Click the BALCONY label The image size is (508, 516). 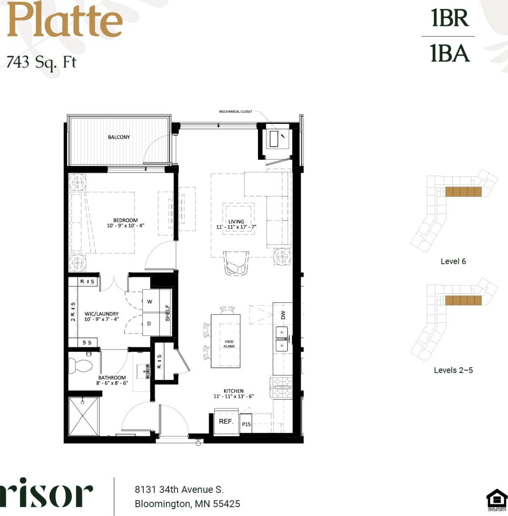(x=119, y=137)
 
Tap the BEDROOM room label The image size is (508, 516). (x=125, y=220)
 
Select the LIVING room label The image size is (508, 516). (x=236, y=222)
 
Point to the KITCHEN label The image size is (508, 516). (x=233, y=391)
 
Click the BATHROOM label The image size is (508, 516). (x=112, y=378)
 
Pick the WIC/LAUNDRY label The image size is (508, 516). (x=102, y=314)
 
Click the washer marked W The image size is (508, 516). (x=150, y=301)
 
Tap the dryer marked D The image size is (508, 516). (x=149, y=324)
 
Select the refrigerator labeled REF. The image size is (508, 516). (x=226, y=421)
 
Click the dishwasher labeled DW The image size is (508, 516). (x=283, y=315)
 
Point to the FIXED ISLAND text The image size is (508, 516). (x=229, y=344)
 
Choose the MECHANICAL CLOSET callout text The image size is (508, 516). (x=235, y=111)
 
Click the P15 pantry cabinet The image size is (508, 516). (x=246, y=424)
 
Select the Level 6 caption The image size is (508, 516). (x=453, y=261)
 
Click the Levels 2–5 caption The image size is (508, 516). (x=453, y=370)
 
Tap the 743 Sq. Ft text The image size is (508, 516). (x=42, y=62)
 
